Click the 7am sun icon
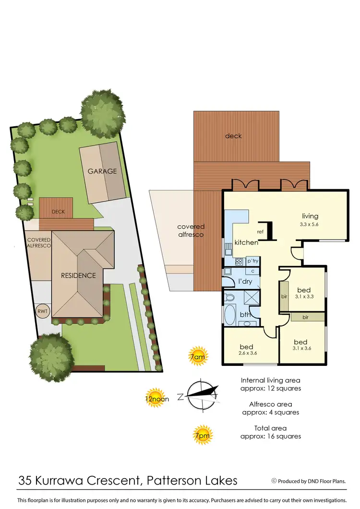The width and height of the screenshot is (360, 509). pos(198,356)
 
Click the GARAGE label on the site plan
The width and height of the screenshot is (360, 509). pos(102,171)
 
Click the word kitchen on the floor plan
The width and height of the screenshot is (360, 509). pos(246,242)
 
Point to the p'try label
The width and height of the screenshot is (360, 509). pos(252,261)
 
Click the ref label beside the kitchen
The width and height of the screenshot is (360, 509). pos(260,232)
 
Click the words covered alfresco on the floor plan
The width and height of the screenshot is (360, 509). pos(191,230)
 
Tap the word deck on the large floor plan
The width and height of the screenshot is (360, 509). pos(233,136)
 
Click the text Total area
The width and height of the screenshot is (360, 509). pos(271,428)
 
